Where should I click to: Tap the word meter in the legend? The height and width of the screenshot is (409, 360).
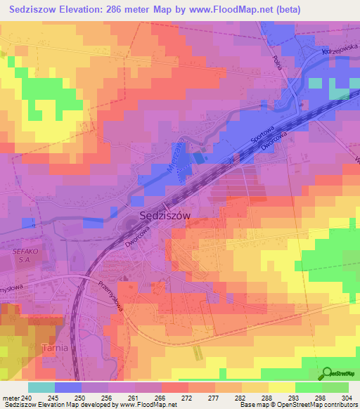tap(11, 397)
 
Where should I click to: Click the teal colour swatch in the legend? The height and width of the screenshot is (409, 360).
tap(41, 387)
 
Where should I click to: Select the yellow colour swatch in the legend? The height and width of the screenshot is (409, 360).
tap(281, 387)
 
